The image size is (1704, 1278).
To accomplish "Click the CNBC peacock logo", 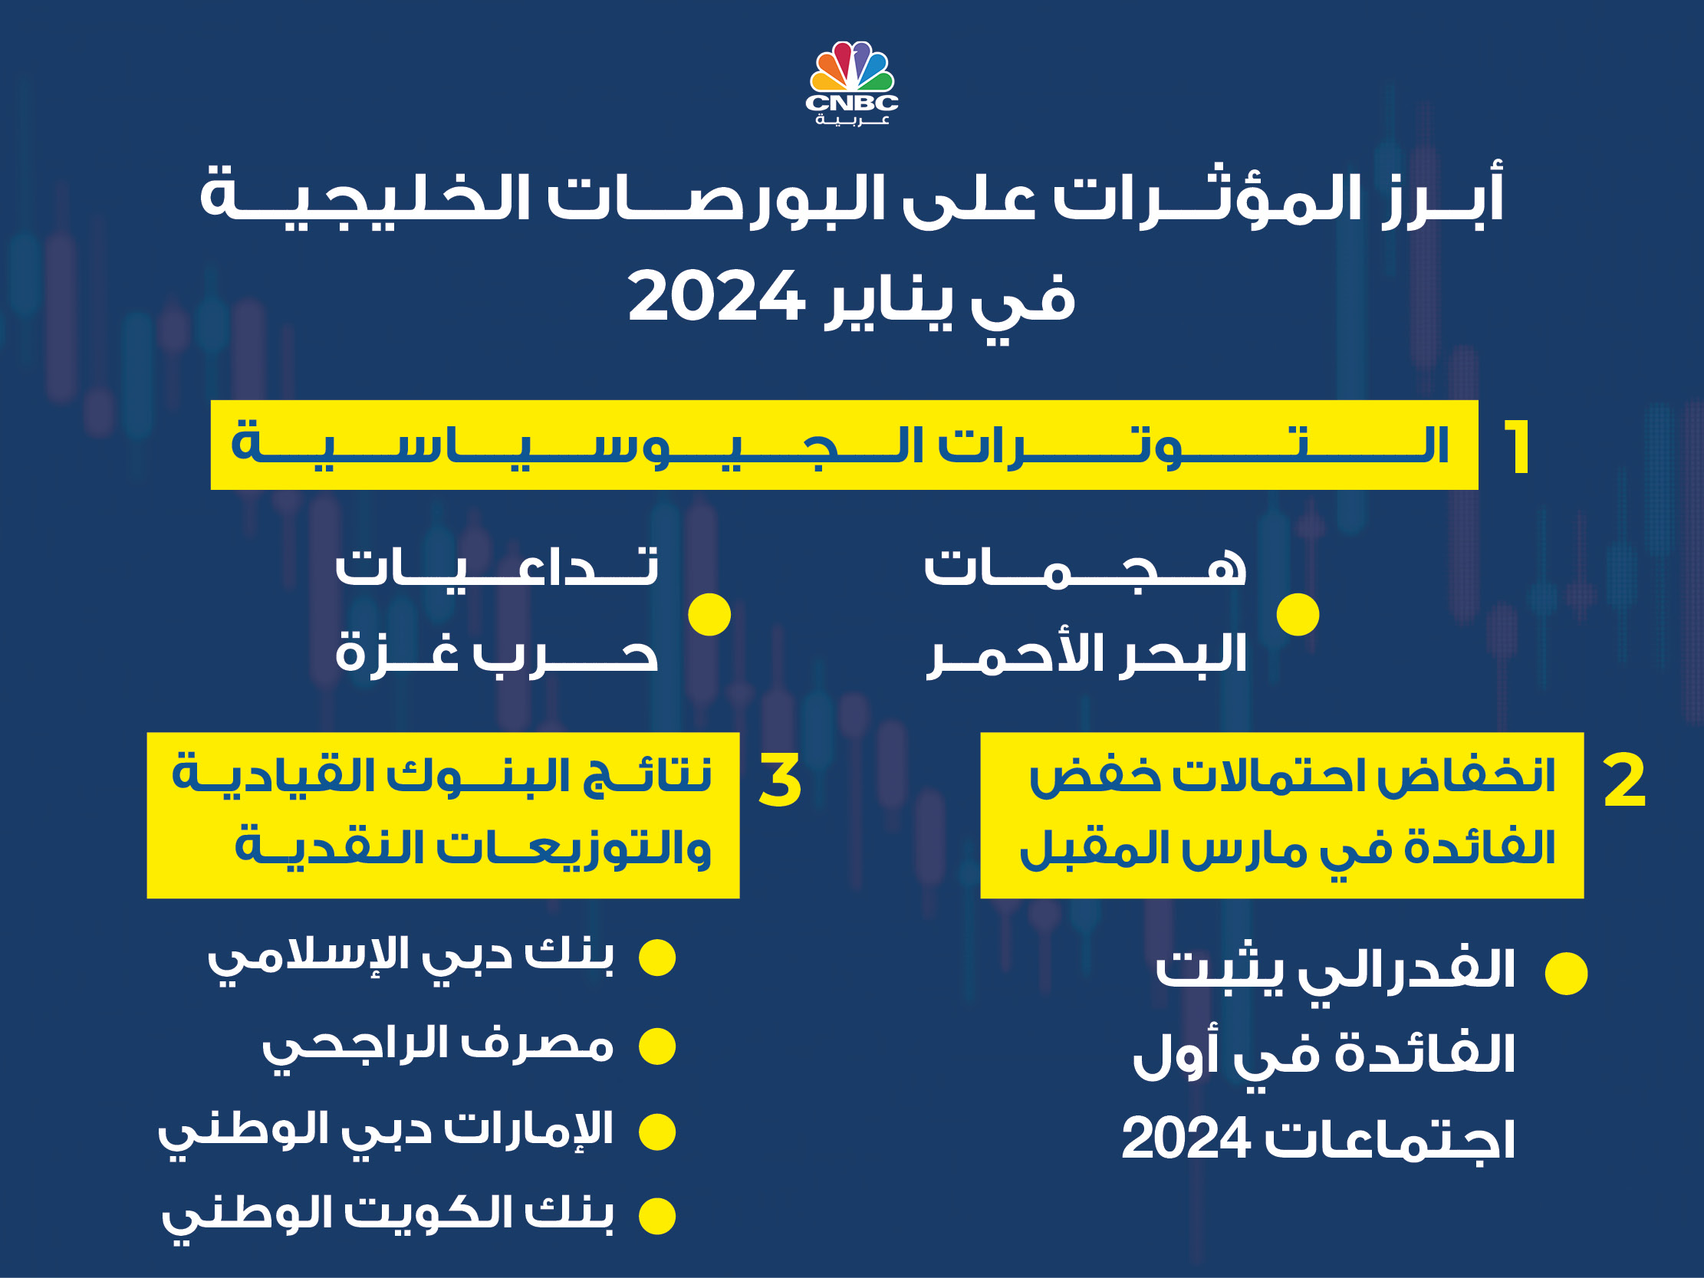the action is (x=852, y=84).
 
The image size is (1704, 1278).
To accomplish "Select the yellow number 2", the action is (x=1624, y=780).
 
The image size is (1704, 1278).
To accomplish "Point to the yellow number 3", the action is (x=780, y=780).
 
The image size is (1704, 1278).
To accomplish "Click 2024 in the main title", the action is (x=716, y=297).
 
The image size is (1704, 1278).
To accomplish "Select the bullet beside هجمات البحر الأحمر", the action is (x=1298, y=615).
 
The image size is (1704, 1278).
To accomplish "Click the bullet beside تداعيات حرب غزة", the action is (x=709, y=615).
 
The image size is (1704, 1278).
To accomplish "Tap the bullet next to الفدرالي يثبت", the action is (x=1566, y=973).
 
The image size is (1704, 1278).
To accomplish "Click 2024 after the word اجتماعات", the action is (x=1186, y=1138).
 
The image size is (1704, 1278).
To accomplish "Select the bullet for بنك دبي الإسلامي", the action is (x=657, y=958).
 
